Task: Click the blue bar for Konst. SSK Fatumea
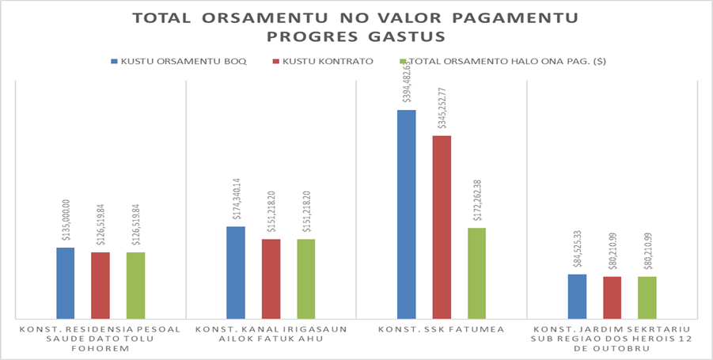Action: click(x=407, y=214)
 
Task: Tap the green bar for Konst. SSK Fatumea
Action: click(x=476, y=273)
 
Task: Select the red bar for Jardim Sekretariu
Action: click(x=612, y=297)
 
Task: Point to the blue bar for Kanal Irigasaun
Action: click(x=236, y=272)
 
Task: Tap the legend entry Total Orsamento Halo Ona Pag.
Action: click(x=506, y=61)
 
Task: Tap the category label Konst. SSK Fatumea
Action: click(x=441, y=328)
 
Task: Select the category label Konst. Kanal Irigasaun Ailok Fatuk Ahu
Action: click(x=271, y=333)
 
